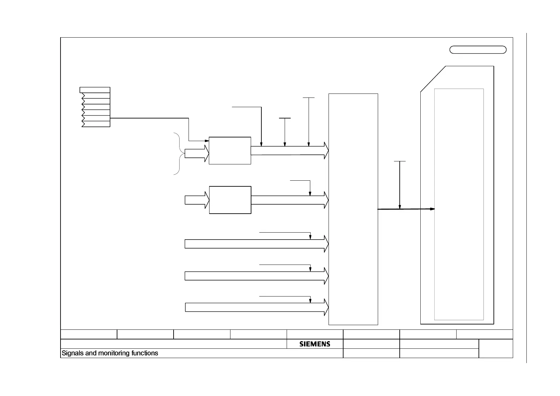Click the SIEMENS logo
tap(315, 344)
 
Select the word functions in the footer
tap(145, 353)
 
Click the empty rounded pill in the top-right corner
tap(478, 50)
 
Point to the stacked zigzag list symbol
tap(96, 107)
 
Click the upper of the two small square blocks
tap(230, 151)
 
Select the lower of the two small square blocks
tap(230, 200)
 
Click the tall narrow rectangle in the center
tap(353, 209)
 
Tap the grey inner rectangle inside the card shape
tap(459, 204)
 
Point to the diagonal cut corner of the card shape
tap(433, 79)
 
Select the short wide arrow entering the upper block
tap(196, 153)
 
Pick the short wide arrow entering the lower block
tap(197, 200)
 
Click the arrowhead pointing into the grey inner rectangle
tap(432, 209)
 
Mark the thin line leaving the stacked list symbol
tap(150, 118)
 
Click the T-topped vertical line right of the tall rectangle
tap(400, 185)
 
